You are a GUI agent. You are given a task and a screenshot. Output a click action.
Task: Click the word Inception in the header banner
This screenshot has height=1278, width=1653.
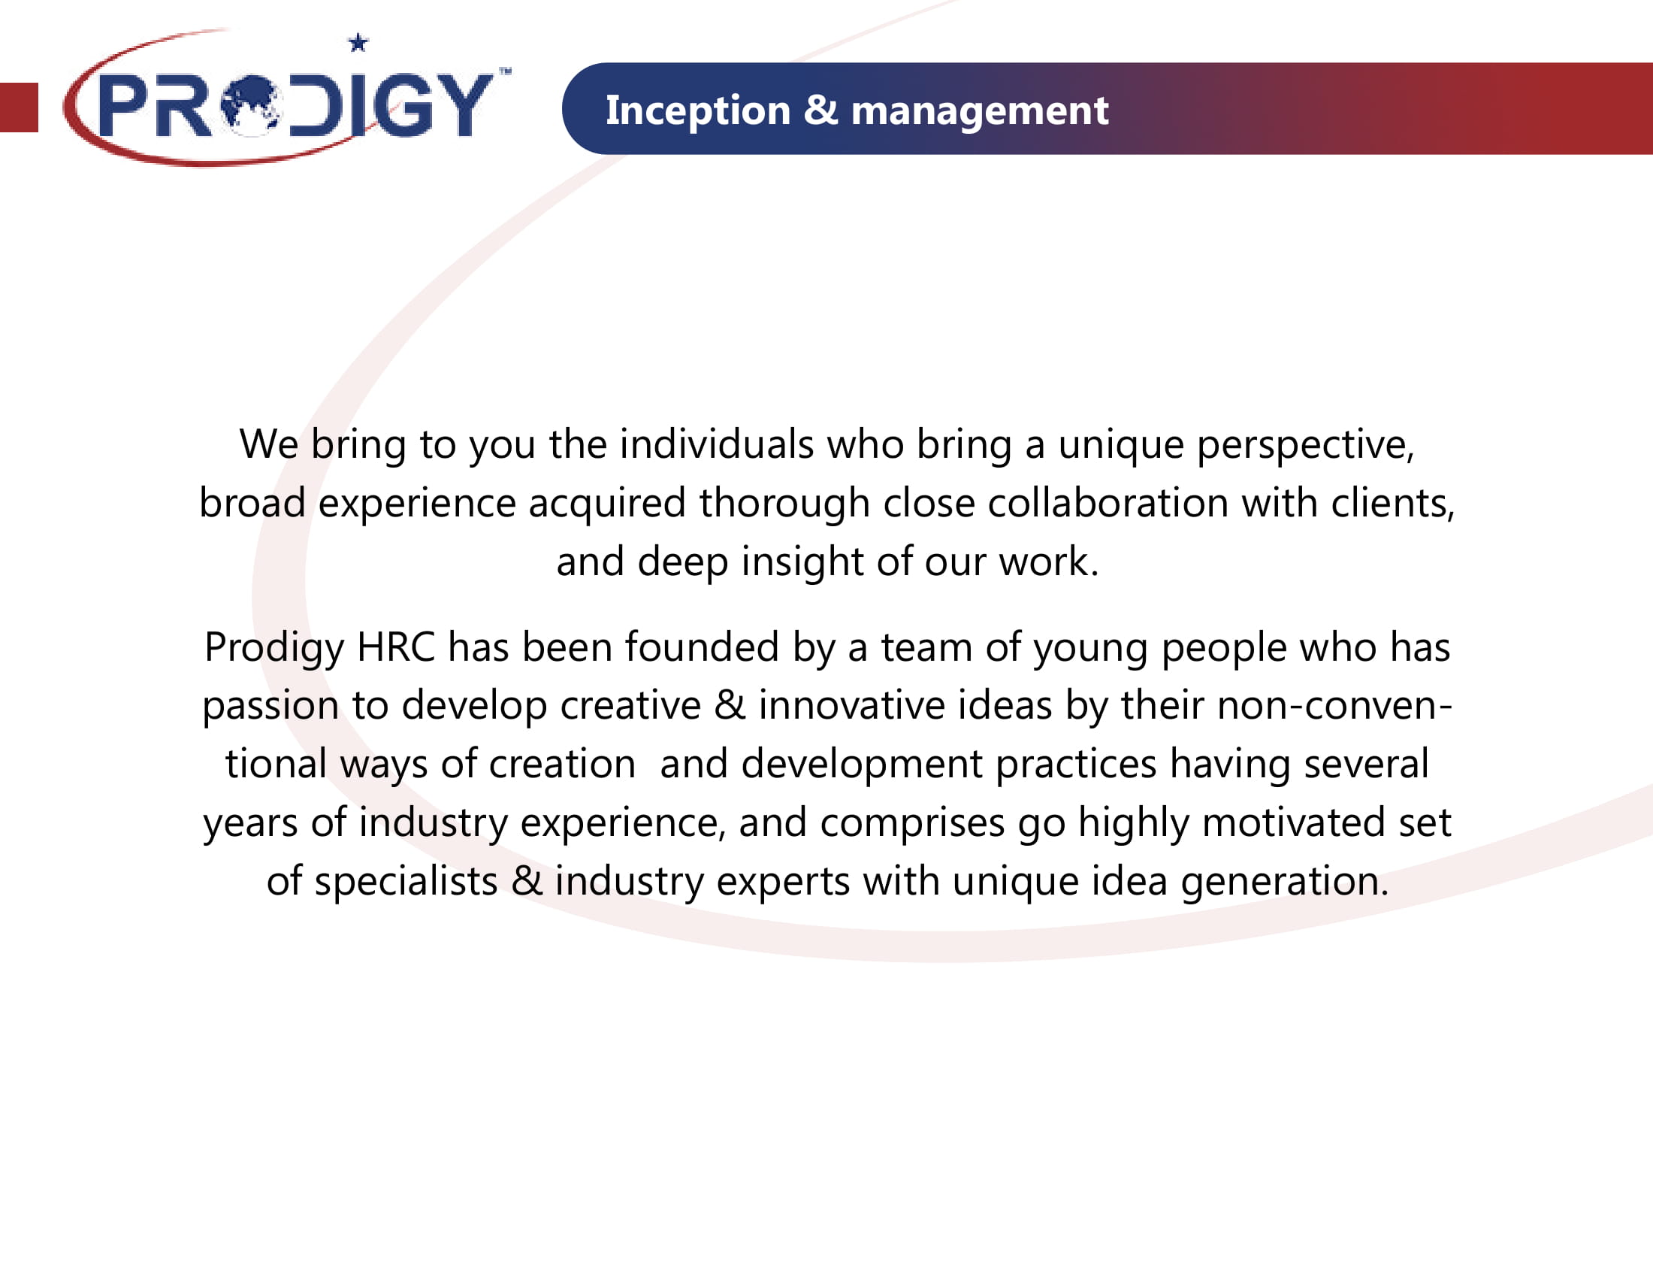point(698,111)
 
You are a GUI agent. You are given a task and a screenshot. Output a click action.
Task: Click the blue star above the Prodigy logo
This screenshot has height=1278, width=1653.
point(358,42)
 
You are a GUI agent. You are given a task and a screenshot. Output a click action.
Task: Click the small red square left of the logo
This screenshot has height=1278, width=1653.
point(19,107)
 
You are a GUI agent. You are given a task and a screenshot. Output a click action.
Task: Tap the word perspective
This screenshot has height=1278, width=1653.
point(1305,445)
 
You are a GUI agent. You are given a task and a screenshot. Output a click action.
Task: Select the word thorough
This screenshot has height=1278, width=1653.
point(784,504)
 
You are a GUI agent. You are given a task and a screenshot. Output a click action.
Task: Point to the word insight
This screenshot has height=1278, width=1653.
point(802,562)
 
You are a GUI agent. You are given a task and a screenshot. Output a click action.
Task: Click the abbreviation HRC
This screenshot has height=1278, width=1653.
point(396,647)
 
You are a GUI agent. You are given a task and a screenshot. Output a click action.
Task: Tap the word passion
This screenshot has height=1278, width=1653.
point(270,707)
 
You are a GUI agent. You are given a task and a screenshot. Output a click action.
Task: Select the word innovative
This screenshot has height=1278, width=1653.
point(905,706)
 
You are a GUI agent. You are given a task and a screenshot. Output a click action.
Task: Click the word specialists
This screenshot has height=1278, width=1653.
point(406,882)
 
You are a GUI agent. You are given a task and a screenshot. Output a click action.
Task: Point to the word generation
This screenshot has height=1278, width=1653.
point(1284,882)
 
